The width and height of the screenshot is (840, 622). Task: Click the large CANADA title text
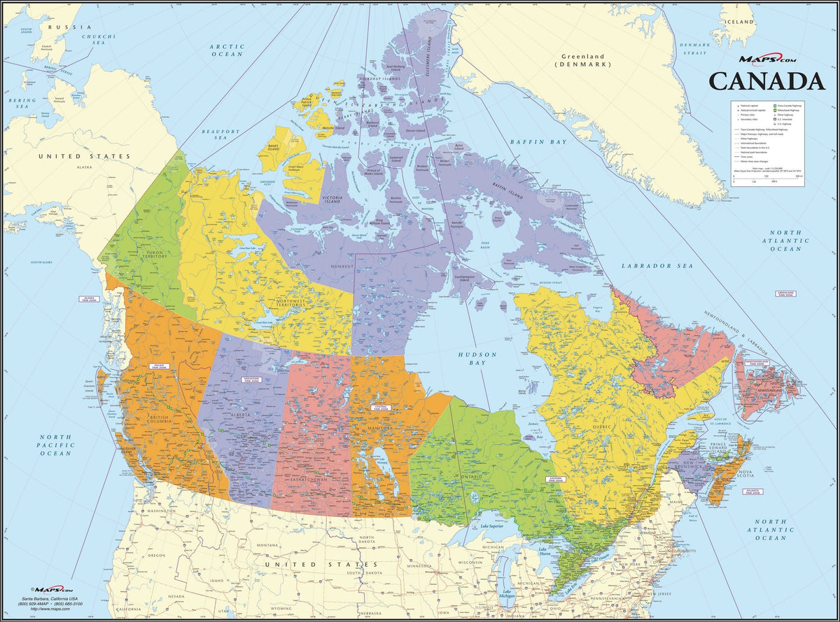click(x=766, y=81)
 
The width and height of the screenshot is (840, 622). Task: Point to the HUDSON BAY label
click(x=477, y=359)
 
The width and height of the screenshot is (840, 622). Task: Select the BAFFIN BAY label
click(x=537, y=142)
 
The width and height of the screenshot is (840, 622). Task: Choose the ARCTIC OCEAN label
click(x=227, y=50)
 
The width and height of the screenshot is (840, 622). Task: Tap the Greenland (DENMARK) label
click(x=583, y=60)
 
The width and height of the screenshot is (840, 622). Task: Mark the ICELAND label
click(x=740, y=22)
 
